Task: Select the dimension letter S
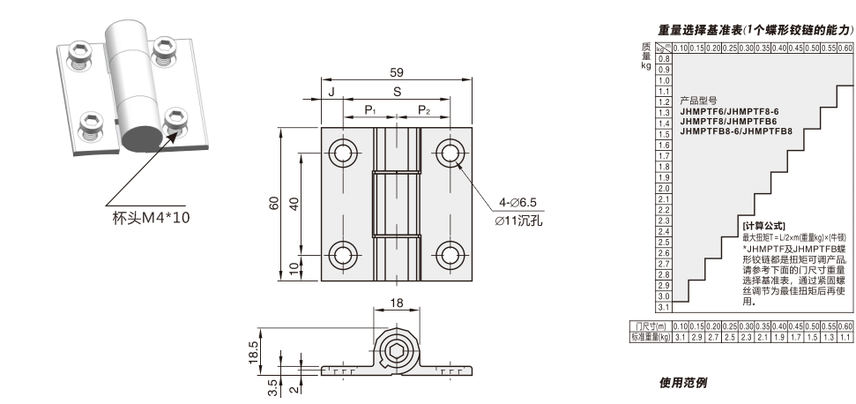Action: (x=397, y=92)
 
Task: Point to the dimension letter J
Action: (x=331, y=92)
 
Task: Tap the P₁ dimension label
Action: (x=371, y=110)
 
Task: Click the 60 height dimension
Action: (x=274, y=204)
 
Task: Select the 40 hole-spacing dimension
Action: (x=294, y=204)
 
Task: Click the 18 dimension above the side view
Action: (x=398, y=304)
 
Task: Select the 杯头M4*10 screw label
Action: (x=151, y=218)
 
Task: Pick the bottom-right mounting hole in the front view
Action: (x=450, y=256)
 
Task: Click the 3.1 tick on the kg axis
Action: (x=664, y=307)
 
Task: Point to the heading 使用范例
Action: (x=683, y=383)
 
